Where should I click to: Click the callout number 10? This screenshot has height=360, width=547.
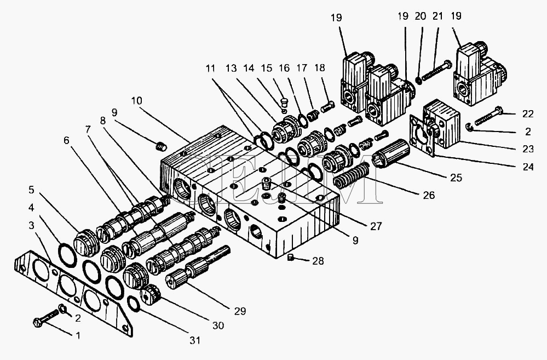tap(137, 100)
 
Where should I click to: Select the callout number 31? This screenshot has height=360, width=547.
tap(195, 340)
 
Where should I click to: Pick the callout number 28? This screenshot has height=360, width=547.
tap(318, 261)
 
